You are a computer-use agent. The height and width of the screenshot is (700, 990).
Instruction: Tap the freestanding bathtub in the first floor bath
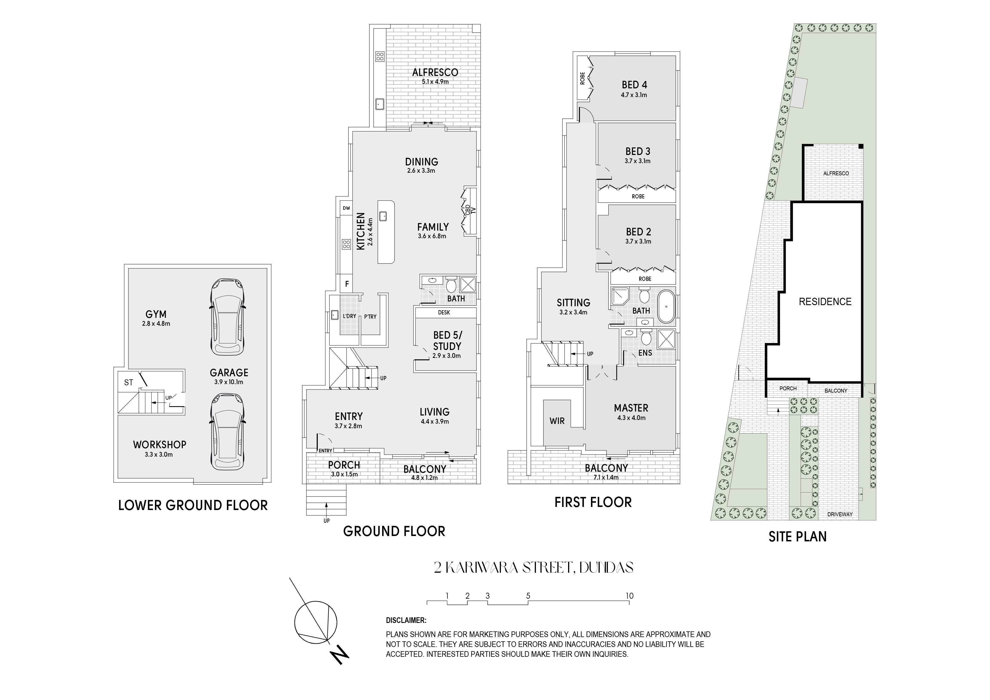(x=666, y=307)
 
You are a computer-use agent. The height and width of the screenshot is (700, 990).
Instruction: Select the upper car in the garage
(x=227, y=317)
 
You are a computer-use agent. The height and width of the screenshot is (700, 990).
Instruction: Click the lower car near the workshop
(x=227, y=434)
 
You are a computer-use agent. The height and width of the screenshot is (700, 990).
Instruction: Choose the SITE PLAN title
(x=798, y=537)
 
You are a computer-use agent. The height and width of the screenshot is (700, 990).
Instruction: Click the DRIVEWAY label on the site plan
(x=840, y=514)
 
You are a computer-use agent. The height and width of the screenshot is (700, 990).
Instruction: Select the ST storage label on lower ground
(x=128, y=382)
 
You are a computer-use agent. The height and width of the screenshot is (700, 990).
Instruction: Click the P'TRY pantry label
(x=370, y=317)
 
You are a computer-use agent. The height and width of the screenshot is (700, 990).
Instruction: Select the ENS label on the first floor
(x=645, y=353)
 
